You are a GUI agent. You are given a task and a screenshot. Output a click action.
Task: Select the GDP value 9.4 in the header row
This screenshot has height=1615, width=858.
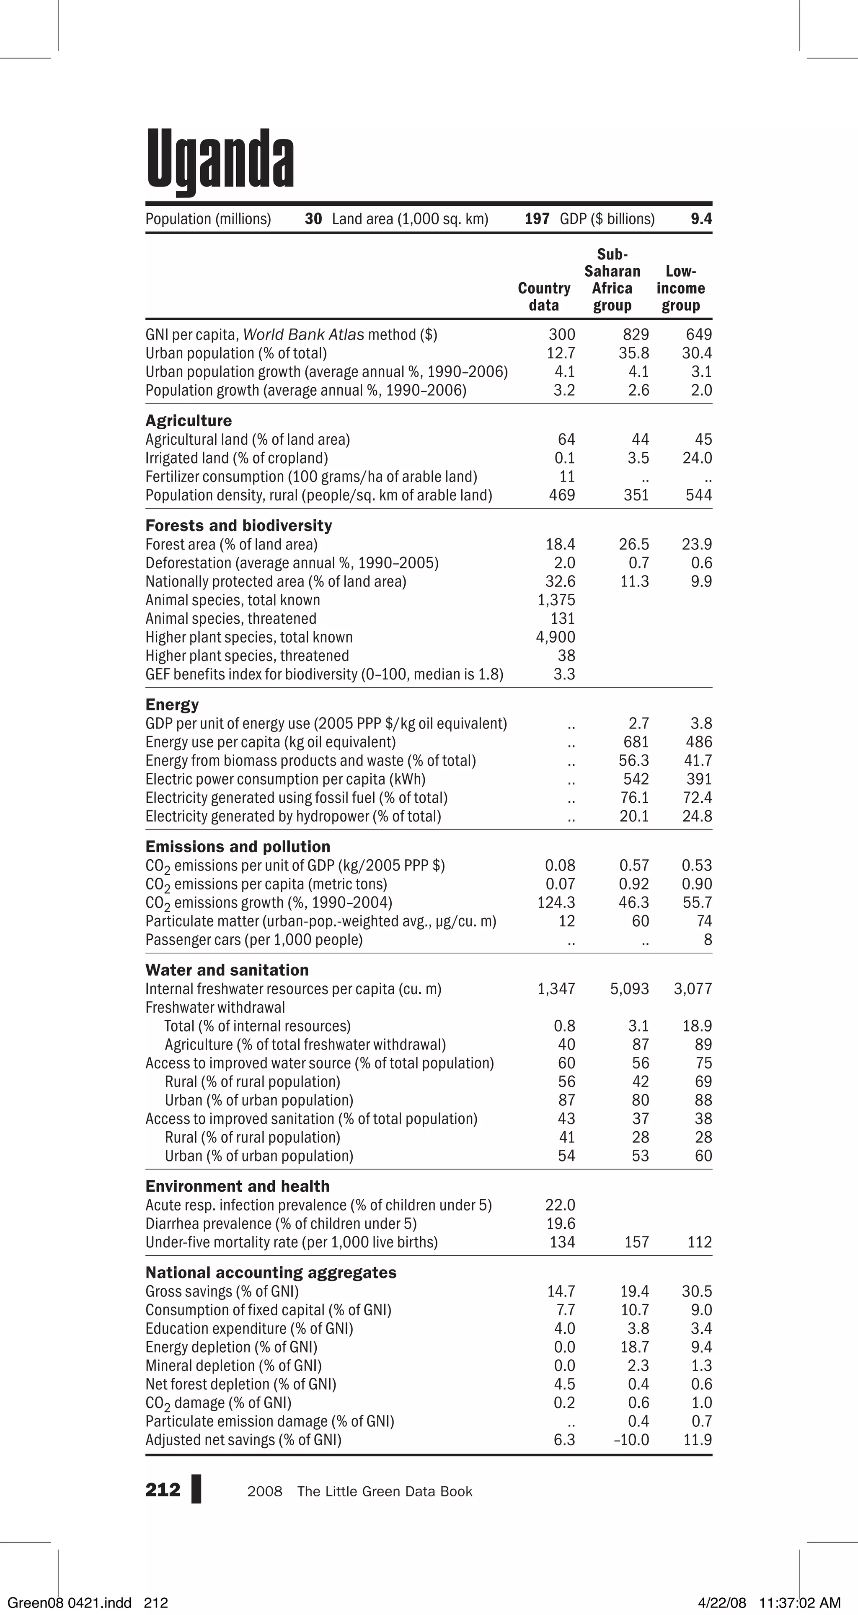701,219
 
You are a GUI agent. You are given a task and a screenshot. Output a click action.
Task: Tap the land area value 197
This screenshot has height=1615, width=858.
537,219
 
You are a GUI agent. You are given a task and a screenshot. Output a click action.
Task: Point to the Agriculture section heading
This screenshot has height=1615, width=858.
188,421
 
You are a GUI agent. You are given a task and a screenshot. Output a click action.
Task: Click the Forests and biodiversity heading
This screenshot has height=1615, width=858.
238,525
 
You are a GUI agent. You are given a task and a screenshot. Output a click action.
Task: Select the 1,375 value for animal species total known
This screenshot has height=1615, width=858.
556,600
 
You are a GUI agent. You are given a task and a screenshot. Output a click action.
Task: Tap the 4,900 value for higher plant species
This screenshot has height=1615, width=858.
556,637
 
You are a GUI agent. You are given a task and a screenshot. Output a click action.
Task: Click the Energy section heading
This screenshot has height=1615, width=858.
172,705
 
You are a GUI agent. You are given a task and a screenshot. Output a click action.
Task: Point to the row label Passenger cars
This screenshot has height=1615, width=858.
254,940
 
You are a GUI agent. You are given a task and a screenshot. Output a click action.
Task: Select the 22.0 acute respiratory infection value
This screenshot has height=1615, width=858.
560,1205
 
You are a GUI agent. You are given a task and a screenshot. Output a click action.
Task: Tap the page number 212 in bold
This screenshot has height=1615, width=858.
162,1490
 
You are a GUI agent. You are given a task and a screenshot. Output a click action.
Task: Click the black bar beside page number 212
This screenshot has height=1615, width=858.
196,1490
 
